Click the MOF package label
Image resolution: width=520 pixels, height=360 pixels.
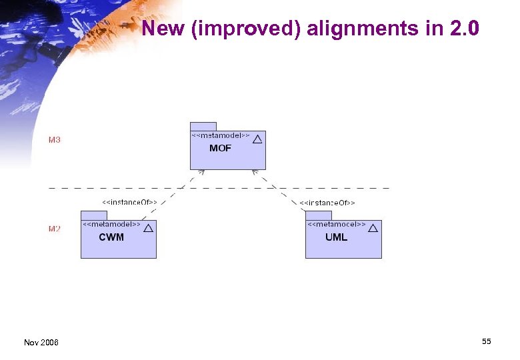[220, 149]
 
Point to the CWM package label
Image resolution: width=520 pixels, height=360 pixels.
[111, 237]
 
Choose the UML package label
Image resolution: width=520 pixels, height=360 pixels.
[336, 237]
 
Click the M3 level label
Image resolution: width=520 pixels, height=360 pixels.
[55, 140]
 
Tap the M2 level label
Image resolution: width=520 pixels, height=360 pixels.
[55, 229]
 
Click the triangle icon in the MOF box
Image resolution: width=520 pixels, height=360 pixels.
[257, 139]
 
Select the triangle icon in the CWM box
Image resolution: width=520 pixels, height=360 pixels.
[148, 228]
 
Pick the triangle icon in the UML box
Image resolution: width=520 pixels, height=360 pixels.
[373, 228]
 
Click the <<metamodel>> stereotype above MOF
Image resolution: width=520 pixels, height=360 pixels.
[221, 135]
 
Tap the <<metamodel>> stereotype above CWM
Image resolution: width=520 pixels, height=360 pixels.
[111, 225]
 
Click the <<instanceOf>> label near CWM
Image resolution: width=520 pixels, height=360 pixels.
[129, 201]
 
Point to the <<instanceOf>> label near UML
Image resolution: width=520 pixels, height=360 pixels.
[327, 202]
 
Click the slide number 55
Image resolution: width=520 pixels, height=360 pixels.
[486, 341]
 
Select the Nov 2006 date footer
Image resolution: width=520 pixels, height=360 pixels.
[41, 342]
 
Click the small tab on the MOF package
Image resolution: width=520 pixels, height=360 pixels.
[203, 126]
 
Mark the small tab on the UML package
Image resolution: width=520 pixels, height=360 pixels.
[318, 215]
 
